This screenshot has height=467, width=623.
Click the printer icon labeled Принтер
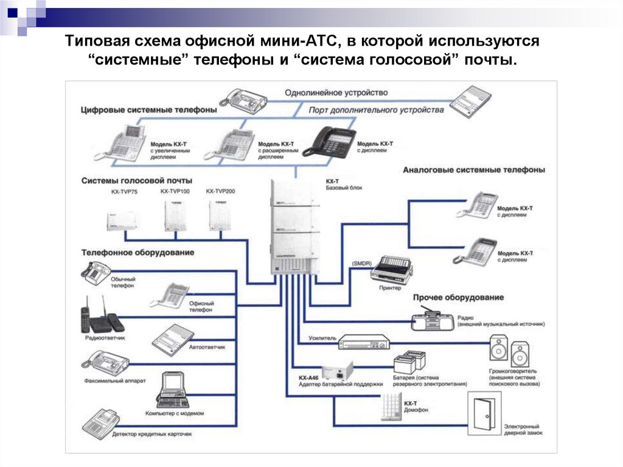click(x=391, y=268)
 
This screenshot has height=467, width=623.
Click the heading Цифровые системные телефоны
click(x=148, y=110)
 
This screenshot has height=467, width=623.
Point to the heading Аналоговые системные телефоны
click(x=473, y=170)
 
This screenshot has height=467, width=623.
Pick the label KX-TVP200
click(x=220, y=192)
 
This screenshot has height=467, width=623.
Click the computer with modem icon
click(x=173, y=390)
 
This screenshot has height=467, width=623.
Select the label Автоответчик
click(x=207, y=346)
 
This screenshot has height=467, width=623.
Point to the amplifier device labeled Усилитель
click(x=363, y=342)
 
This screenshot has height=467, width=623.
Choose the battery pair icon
click(x=409, y=362)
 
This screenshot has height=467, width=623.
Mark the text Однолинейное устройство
click(x=336, y=93)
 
